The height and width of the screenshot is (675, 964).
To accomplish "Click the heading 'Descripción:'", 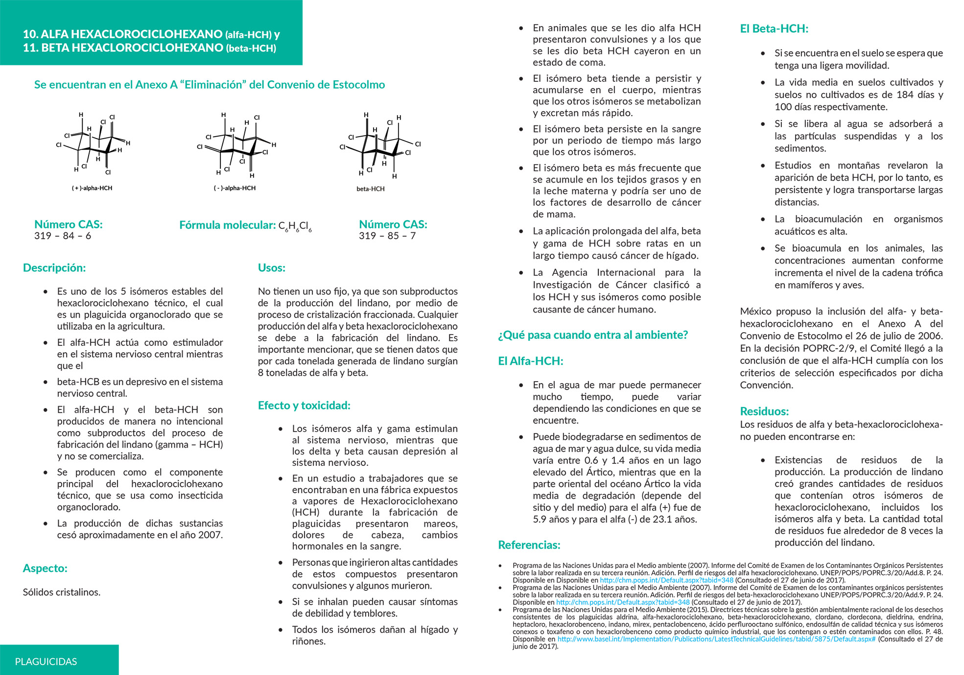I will [x=54, y=268].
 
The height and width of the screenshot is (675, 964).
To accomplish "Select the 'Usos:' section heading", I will [x=271, y=268].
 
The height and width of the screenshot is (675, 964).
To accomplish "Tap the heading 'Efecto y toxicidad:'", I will [x=304, y=406].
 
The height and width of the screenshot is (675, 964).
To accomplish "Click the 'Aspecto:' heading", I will [x=45, y=568].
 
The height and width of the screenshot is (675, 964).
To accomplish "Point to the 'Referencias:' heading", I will [x=529, y=545].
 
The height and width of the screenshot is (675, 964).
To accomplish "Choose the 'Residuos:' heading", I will [x=764, y=411].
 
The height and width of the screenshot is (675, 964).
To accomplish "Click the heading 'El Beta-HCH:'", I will [x=774, y=29].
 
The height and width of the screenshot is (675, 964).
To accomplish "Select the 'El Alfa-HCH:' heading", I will [x=530, y=361].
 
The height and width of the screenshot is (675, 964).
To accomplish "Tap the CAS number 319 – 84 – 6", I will [x=63, y=236].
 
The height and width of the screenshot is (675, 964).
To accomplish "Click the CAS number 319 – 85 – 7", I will [x=387, y=236].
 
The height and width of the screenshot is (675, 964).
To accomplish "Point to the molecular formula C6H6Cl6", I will [x=295, y=226].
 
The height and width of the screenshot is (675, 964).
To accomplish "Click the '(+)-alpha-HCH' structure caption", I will [x=92, y=188].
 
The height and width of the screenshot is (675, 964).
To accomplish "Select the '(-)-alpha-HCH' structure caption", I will [x=235, y=188].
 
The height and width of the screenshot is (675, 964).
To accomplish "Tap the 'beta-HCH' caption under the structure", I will [x=370, y=189].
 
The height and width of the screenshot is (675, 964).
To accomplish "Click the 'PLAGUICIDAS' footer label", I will [x=46, y=662].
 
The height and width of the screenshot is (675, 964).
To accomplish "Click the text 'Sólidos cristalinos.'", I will [x=62, y=592].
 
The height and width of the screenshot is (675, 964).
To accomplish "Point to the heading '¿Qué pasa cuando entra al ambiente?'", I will [x=592, y=335].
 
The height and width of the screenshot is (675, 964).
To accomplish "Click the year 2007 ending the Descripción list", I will [x=210, y=535].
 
